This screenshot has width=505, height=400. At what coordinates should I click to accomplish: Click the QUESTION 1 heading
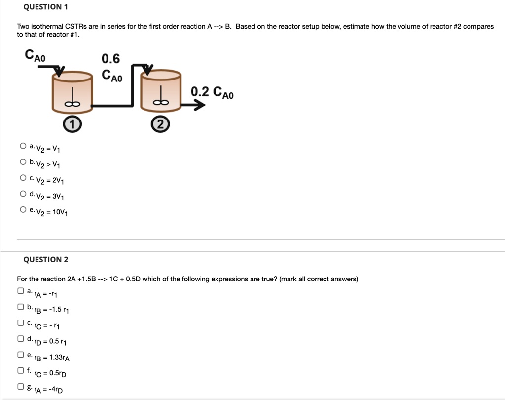tap(45, 7)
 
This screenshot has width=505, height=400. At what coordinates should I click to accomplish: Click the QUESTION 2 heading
tap(46, 259)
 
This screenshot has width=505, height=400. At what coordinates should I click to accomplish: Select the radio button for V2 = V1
tap(23, 146)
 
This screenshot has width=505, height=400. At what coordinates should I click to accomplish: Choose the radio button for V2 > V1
tap(23, 162)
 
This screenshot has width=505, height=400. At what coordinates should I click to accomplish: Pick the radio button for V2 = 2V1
tap(23, 178)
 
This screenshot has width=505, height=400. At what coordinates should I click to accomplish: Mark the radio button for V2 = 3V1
tap(23, 194)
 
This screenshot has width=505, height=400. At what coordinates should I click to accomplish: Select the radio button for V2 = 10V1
tap(23, 210)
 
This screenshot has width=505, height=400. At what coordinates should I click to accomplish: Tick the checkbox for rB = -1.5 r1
tap(21, 307)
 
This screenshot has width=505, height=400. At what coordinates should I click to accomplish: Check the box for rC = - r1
tap(21, 323)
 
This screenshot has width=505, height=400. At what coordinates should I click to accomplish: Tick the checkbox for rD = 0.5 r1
tap(21, 339)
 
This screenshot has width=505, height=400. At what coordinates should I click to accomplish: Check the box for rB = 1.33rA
tap(21, 355)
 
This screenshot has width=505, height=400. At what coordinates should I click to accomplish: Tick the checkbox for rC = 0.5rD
tap(21, 370)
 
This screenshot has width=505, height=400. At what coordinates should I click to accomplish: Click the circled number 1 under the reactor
tap(72, 125)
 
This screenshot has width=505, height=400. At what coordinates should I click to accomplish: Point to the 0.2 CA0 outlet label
tap(213, 92)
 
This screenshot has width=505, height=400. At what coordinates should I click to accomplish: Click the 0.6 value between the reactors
tap(110, 59)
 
